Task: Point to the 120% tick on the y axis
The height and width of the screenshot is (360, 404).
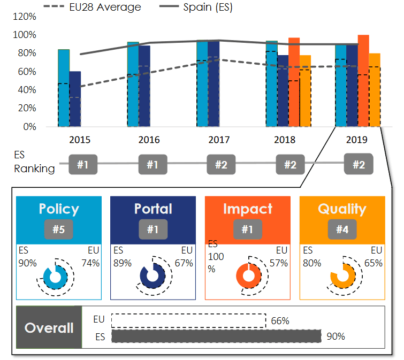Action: coord(24,17)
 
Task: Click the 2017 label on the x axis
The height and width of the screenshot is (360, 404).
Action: coord(218,140)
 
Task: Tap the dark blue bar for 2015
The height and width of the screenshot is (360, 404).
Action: coord(75,99)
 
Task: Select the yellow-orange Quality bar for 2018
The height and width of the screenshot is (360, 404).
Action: coord(305,91)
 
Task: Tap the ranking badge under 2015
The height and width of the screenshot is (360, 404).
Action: coord(82,165)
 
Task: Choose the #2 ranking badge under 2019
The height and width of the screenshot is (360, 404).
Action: coord(359,165)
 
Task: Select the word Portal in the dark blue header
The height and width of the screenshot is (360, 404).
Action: coord(153,209)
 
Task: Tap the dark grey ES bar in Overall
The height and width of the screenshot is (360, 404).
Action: coord(216,336)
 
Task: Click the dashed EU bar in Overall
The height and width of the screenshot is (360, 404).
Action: coord(188,320)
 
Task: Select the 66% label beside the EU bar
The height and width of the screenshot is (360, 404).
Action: coord(280,321)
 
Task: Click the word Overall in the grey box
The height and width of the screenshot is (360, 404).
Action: coord(49,328)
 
